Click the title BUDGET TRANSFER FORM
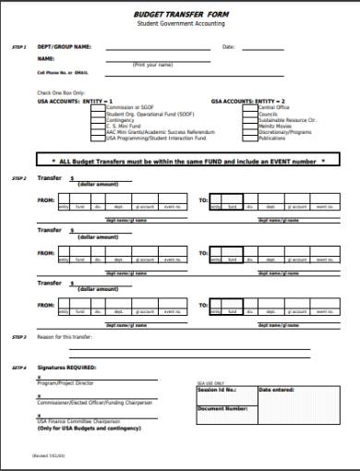181,14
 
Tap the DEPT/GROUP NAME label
64,45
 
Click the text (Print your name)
153,65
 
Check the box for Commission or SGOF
104,107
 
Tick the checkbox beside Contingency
104,118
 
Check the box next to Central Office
254,107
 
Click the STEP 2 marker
18,177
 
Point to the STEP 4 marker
18,368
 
